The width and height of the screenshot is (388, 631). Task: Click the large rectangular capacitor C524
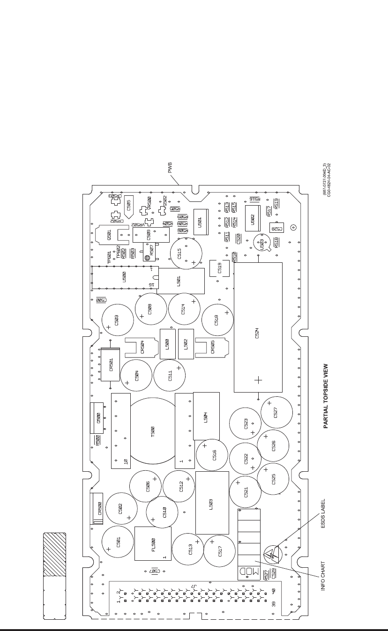click(258, 327)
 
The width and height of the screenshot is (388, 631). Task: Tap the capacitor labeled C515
click(186, 253)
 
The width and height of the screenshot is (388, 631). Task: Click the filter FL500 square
click(152, 543)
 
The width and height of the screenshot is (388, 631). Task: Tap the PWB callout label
click(170, 168)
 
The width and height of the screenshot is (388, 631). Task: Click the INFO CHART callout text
click(323, 575)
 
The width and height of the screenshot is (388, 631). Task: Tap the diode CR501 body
click(111, 365)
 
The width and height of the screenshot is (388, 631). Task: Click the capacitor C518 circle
click(217, 320)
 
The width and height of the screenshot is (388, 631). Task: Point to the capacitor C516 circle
click(212, 455)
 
